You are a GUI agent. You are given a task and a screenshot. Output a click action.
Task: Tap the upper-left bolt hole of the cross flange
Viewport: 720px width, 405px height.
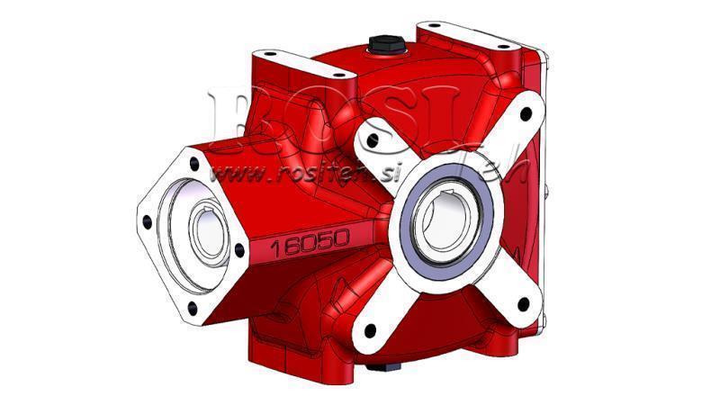368,140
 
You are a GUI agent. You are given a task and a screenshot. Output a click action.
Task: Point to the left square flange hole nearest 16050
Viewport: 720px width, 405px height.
238,252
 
